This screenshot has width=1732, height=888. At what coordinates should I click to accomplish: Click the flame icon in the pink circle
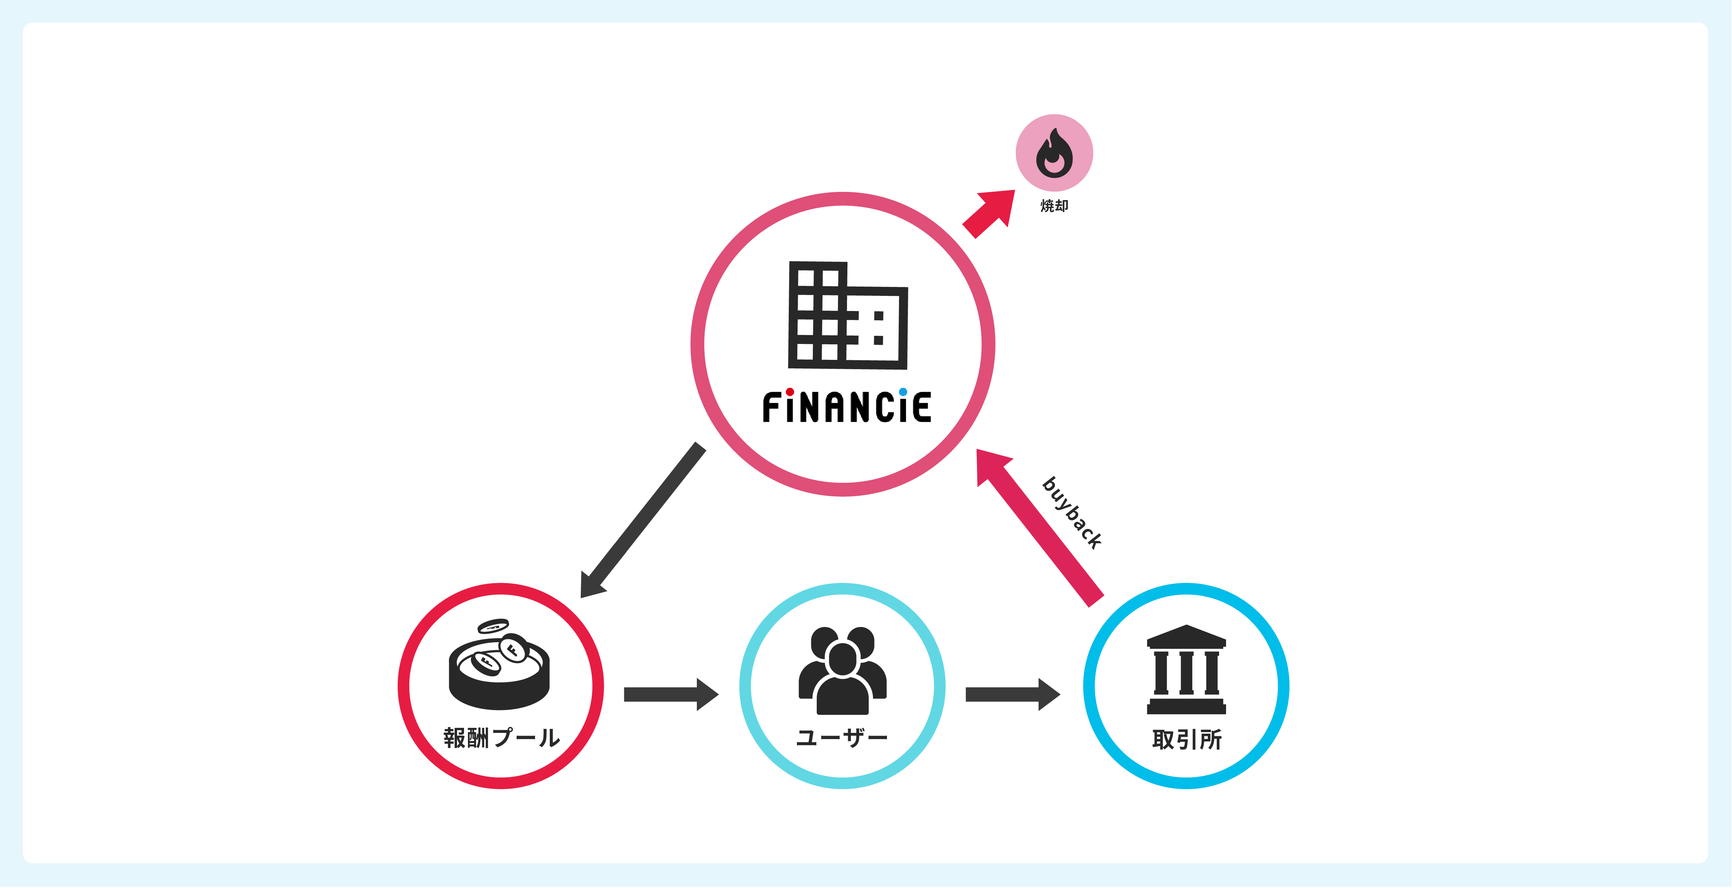(x=1053, y=153)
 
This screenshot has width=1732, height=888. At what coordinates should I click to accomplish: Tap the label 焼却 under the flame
(x=1053, y=206)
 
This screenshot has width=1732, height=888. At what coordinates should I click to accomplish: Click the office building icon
(x=847, y=315)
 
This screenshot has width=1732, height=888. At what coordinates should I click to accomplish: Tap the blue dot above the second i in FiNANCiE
(x=902, y=392)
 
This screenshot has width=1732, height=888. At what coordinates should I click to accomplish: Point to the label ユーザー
(x=842, y=738)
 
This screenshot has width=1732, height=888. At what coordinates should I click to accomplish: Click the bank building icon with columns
(x=1186, y=670)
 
